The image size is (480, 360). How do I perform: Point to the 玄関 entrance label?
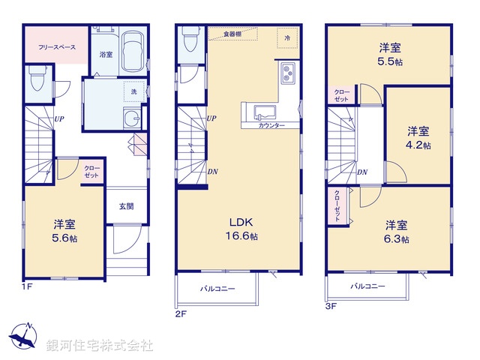(x=125, y=206)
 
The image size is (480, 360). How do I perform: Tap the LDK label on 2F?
(x=241, y=223)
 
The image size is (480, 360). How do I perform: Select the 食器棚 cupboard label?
(x=235, y=33)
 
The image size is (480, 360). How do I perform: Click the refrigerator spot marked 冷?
(x=287, y=37)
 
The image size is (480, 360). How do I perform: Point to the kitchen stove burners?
(x=289, y=74)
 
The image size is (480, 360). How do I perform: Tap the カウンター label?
(x=271, y=126)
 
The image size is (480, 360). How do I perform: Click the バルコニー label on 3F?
(x=367, y=286)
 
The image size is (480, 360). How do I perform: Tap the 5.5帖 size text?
(x=391, y=61)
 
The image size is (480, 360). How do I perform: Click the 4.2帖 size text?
(x=419, y=145)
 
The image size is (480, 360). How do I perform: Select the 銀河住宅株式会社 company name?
(x=100, y=346)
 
